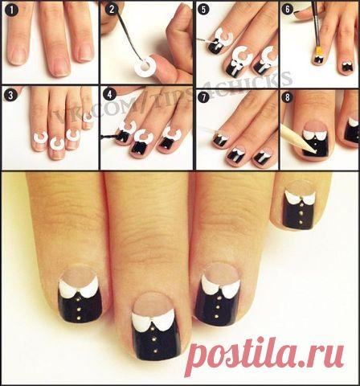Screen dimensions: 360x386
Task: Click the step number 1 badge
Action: coord(11,10)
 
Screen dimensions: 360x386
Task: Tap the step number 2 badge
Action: coord(112,10)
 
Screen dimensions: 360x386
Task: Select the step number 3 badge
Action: coord(10,96)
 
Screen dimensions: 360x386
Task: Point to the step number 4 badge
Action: coord(110,95)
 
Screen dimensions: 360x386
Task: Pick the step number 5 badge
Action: coord(203,10)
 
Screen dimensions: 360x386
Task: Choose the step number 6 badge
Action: coord(288,10)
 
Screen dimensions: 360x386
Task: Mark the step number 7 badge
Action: coord(204,97)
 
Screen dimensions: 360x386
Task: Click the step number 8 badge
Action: coord(288,97)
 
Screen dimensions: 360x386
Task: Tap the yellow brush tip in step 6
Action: coord(318,52)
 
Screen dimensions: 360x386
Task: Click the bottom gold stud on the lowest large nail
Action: coord(155,351)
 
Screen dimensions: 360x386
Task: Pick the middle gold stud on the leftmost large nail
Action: coord(79,310)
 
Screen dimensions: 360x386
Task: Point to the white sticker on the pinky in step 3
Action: coord(87,117)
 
